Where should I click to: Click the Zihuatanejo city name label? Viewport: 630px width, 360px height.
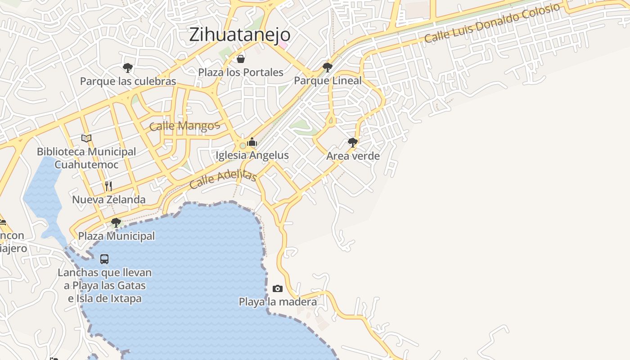tap(239, 35)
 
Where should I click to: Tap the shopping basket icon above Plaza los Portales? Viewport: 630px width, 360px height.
tap(241, 59)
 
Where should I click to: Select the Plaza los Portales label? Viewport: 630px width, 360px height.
tap(241, 72)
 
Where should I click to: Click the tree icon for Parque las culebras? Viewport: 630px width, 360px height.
tap(128, 68)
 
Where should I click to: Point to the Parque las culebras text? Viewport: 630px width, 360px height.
tap(128, 81)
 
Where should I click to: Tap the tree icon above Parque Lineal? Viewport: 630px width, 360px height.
tap(328, 67)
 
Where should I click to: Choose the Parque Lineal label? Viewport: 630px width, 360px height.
tap(328, 81)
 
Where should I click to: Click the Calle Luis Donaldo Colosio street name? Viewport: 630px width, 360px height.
tap(492, 23)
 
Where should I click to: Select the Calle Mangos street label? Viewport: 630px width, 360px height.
tap(184, 126)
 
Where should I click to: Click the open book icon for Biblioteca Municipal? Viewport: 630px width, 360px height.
tap(86, 138)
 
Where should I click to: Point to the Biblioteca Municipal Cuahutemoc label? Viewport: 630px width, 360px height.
tap(86, 158)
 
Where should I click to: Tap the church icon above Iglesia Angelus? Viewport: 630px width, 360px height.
tap(252, 142)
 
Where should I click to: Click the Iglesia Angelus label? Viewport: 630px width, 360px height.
tap(252, 155)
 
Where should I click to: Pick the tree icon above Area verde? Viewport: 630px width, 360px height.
tap(353, 143)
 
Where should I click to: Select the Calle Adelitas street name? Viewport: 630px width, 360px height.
tap(223, 179)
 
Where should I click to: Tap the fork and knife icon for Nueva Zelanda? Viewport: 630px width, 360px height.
tap(108, 186)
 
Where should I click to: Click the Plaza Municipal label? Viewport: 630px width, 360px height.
tap(117, 236)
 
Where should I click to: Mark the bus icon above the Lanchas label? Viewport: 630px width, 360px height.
tap(104, 259)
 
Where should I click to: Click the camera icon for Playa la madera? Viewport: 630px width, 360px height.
tap(278, 288)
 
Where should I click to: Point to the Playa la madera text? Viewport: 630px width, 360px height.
tap(278, 301)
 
